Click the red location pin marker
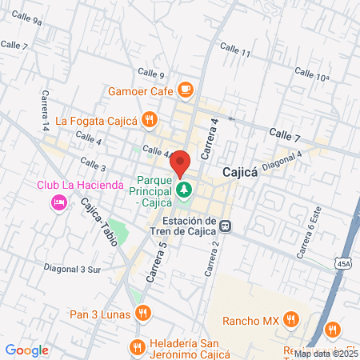pos(181,163)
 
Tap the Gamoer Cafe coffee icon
pos(186,89)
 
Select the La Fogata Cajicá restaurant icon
pos(149,120)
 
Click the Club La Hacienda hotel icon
pos(58,203)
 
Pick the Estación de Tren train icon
pos(227,225)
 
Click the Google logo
pos(26,350)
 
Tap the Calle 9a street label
pos(27,19)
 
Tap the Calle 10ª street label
pos(312,74)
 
